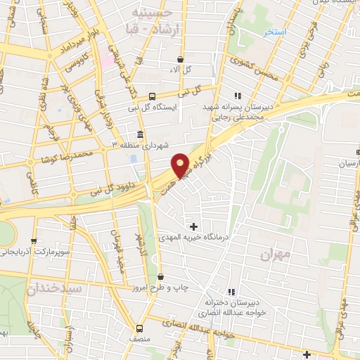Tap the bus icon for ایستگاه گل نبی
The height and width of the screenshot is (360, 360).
[x=153, y=97]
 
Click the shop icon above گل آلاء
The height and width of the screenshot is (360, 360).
[x=181, y=59]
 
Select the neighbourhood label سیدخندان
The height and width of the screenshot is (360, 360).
[x=56, y=288]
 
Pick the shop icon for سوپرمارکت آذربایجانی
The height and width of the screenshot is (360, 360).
[x=34, y=240]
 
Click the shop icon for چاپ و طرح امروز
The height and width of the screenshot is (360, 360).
[x=161, y=276]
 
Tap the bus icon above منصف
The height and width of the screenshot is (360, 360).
[x=139, y=328]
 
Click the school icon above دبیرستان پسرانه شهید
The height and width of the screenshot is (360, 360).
[x=238, y=96]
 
